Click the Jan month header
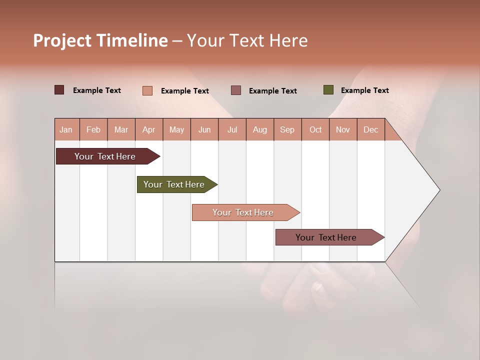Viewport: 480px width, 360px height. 66,129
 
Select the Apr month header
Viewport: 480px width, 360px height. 149,129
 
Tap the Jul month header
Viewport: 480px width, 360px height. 232,129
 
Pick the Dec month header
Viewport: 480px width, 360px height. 370,129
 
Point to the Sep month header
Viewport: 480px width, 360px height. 287,129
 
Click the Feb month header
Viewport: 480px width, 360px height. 93,129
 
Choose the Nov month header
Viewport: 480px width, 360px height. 342,129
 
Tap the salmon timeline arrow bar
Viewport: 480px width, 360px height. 243,212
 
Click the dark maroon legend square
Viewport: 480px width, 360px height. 59,90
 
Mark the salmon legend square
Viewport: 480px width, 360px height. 147,90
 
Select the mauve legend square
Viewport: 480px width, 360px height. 236,90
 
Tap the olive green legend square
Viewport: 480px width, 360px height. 328,90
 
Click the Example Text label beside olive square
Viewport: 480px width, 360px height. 364,90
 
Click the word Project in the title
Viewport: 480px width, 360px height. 62,40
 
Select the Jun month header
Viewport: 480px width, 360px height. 204,129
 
